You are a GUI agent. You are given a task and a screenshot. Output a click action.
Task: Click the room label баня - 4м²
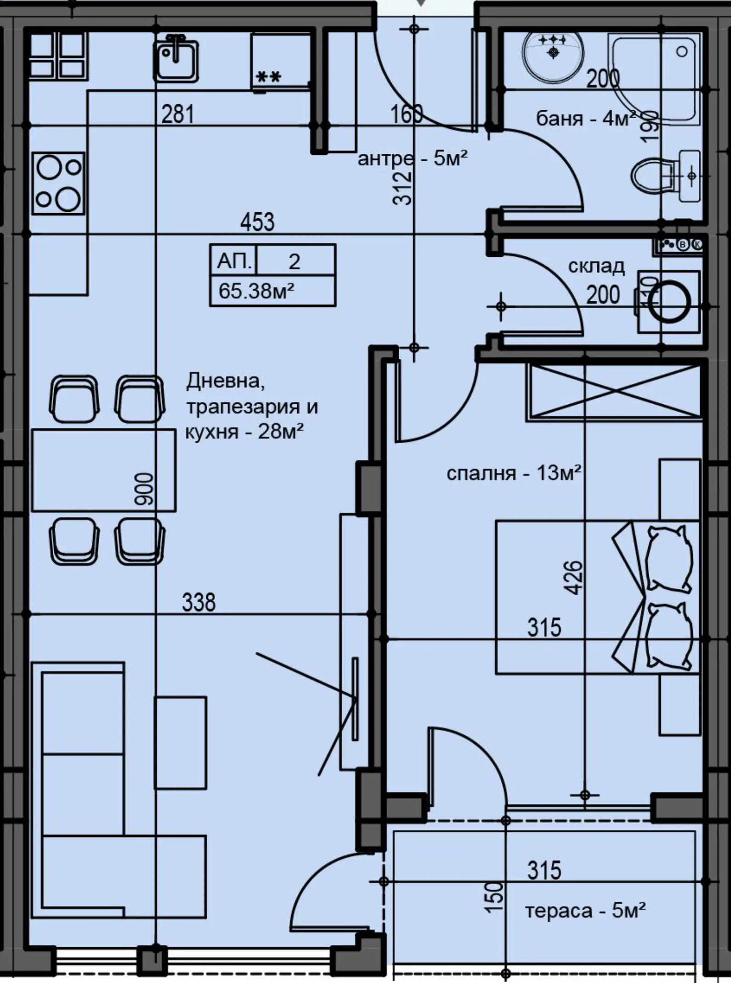(x=586, y=119)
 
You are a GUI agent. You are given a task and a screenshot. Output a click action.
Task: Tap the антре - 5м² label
(x=413, y=159)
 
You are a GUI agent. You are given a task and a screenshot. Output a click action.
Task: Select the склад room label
(x=596, y=266)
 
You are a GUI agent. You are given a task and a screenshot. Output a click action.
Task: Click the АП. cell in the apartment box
(x=234, y=261)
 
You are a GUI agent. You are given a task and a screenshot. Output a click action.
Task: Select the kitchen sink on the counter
(x=176, y=59)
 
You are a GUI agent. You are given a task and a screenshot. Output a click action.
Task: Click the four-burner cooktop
(x=58, y=183)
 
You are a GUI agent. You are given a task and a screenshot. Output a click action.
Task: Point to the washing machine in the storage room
(x=669, y=302)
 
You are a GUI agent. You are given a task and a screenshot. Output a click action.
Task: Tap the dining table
(x=103, y=470)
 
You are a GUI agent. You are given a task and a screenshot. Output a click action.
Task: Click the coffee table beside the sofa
(x=180, y=743)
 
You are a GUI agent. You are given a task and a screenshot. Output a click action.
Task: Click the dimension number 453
(x=257, y=222)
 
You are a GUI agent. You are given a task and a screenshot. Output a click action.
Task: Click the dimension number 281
(x=178, y=114)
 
